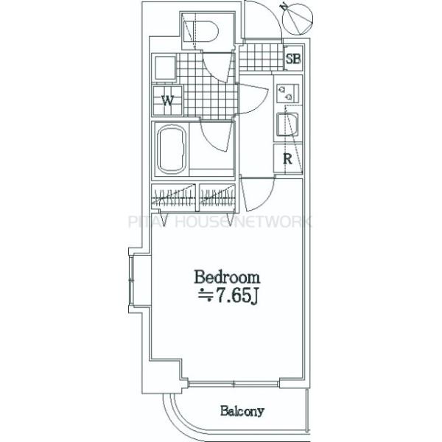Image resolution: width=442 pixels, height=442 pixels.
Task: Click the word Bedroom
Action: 227,278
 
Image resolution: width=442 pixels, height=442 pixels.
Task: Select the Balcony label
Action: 241,411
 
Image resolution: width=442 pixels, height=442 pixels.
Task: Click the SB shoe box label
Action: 292,58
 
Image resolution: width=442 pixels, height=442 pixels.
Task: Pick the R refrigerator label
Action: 288,158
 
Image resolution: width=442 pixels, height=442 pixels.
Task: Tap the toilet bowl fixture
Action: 203,33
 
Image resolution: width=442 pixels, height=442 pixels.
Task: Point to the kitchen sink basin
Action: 287,125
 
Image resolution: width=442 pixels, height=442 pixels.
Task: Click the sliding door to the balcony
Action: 234,383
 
